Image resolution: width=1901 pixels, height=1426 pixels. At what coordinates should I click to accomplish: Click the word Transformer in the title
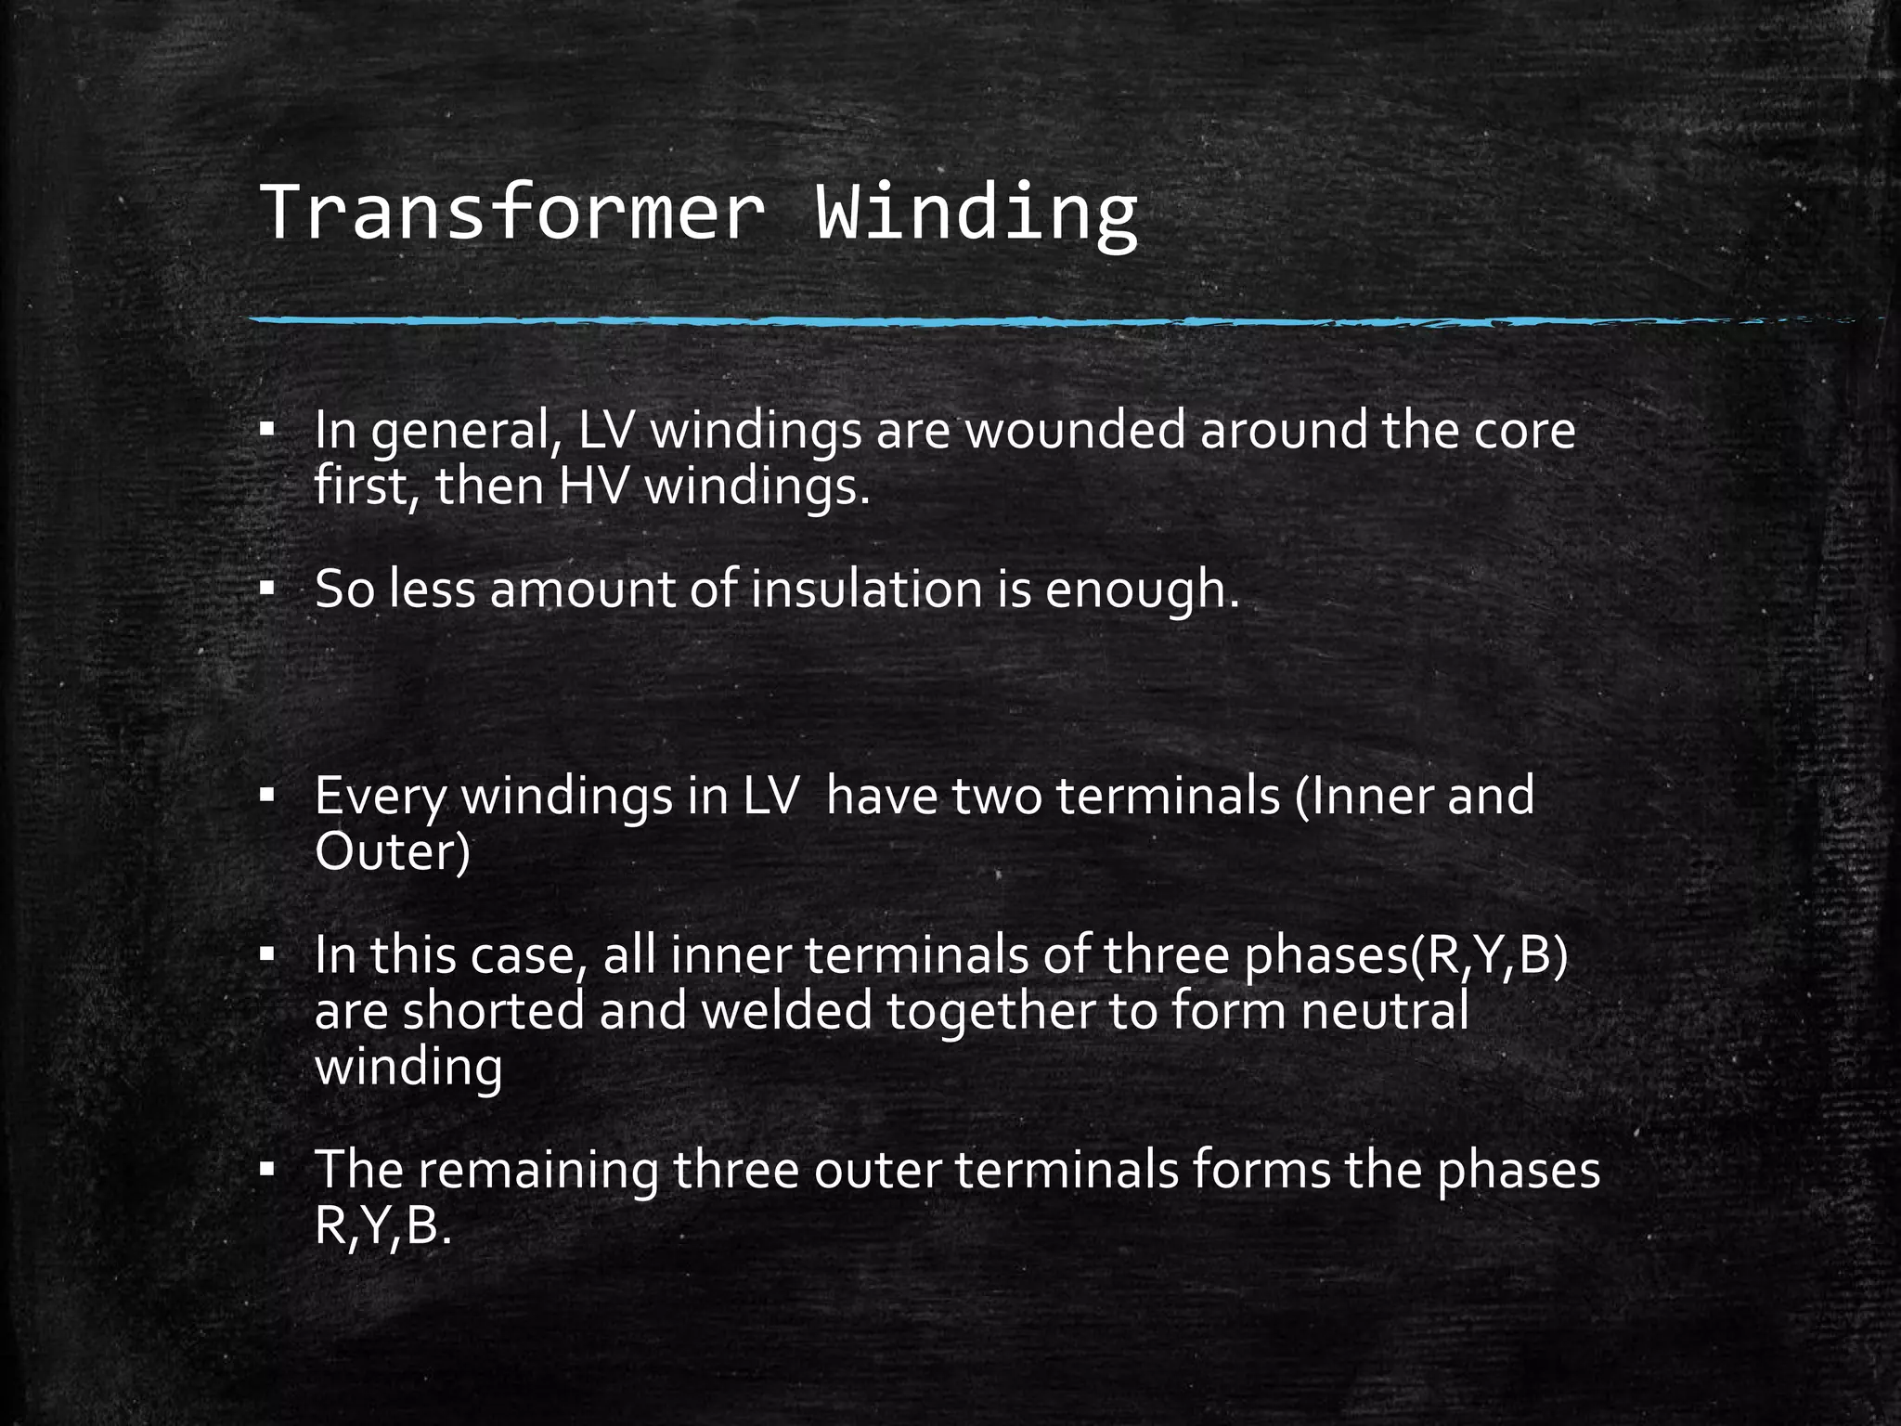point(512,213)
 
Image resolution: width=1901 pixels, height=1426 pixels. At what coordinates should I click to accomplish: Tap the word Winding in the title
point(976,213)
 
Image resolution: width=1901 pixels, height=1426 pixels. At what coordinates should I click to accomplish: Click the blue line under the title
point(928,321)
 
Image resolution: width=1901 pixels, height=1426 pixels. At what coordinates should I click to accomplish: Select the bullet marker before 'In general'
point(267,430)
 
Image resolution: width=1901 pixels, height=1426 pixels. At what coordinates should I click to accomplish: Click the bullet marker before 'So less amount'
point(267,589)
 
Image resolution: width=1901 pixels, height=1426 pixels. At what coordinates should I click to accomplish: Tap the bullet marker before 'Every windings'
point(267,796)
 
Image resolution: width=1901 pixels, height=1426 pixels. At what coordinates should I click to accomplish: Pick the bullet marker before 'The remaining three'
point(267,1170)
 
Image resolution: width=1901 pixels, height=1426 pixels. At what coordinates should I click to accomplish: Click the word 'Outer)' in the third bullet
point(393,851)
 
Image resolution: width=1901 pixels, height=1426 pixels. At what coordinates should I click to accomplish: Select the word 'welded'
point(786,1011)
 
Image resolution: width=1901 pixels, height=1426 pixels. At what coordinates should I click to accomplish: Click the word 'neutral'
point(1384,1011)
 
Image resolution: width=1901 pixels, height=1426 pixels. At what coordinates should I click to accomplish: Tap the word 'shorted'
point(493,1011)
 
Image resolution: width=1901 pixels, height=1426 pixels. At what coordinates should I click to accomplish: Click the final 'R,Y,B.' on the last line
point(382,1226)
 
